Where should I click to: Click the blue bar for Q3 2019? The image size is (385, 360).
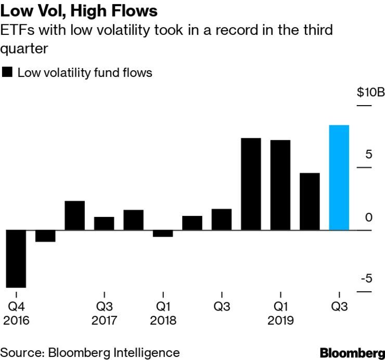point(339,177)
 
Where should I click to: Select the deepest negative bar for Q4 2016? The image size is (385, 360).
point(16,259)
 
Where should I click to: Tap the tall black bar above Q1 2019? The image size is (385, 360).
point(280,185)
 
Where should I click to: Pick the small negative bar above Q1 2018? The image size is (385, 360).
point(163,234)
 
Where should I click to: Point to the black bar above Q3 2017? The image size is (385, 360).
point(104,223)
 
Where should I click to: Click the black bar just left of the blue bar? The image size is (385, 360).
point(310,201)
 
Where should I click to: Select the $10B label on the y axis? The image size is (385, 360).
point(370,93)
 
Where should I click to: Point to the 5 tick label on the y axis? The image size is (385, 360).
point(369,154)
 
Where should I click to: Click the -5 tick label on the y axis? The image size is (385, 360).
point(367,279)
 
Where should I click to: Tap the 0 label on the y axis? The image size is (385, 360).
point(369,217)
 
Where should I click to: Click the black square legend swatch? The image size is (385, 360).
point(7,72)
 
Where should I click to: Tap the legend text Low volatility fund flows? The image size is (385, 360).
point(85,72)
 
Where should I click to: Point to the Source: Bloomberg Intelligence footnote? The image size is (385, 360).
point(90,352)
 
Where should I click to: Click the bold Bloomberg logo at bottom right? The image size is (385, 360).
point(352,352)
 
